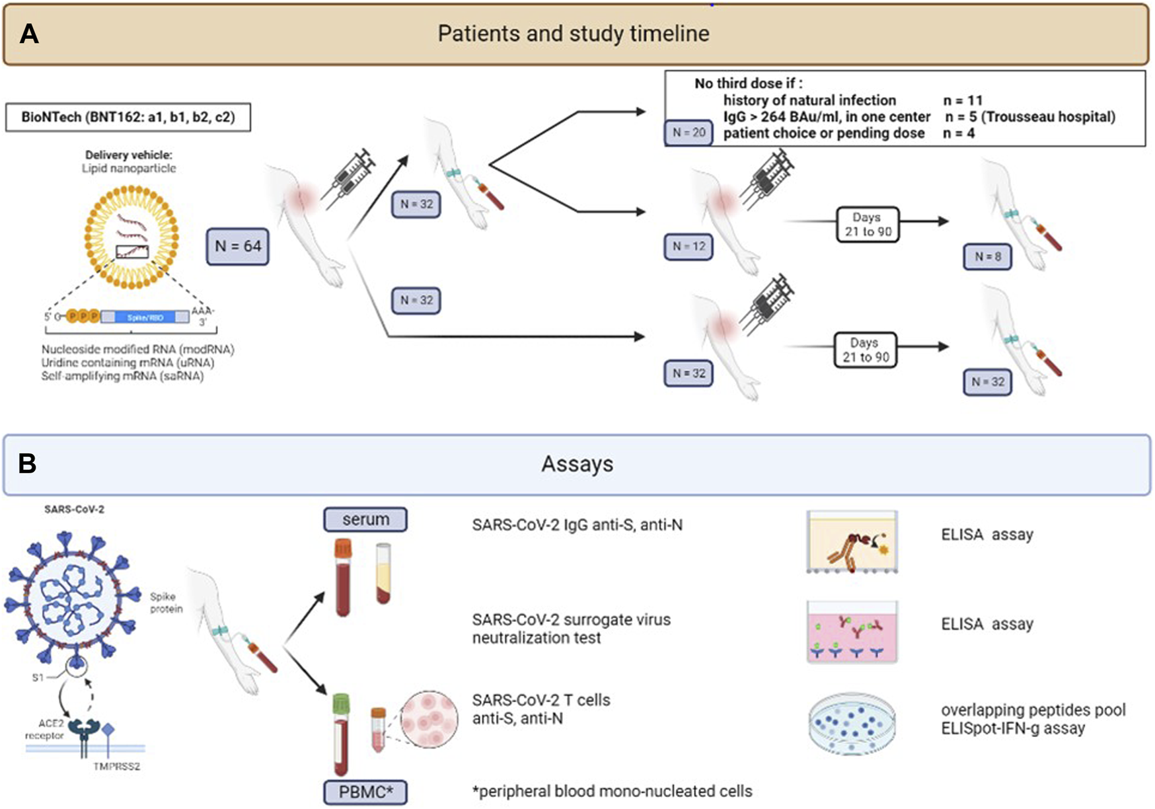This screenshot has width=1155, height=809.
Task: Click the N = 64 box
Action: pyautogui.click(x=238, y=247)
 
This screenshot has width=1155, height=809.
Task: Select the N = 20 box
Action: pyautogui.click(x=689, y=133)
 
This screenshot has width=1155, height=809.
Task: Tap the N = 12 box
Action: pyautogui.click(x=689, y=247)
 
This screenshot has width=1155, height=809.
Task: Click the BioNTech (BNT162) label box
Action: pyautogui.click(x=128, y=118)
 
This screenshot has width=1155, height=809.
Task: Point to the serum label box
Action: pyautogui.click(x=365, y=520)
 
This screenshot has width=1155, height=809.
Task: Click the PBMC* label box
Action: pyautogui.click(x=365, y=792)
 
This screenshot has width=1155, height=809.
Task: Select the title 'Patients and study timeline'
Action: pyautogui.click(x=574, y=34)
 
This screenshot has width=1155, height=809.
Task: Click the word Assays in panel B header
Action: pyautogui.click(x=577, y=464)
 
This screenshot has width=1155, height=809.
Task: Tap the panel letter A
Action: pyautogui.click(x=29, y=34)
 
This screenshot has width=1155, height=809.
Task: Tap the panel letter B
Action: pyautogui.click(x=27, y=464)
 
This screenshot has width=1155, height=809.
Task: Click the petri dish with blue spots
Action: pyautogui.click(x=852, y=723)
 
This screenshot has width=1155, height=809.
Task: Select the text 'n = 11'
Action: pyautogui.click(x=963, y=100)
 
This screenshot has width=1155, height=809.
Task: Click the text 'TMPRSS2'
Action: pyautogui.click(x=117, y=767)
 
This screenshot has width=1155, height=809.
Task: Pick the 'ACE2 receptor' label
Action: pyautogui.click(x=45, y=730)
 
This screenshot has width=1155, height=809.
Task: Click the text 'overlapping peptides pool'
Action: pyautogui.click(x=1033, y=711)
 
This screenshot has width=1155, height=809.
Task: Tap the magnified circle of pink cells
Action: pyautogui.click(x=429, y=719)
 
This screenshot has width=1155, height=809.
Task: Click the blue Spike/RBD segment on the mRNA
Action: pyautogui.click(x=145, y=317)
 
